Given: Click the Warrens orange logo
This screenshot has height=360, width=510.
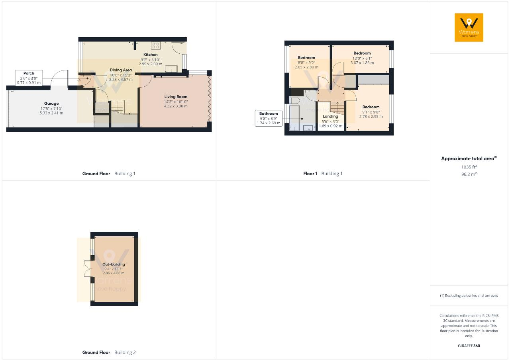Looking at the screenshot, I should click(x=469, y=27).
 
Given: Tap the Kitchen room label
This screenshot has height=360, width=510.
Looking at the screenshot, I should click(x=151, y=55).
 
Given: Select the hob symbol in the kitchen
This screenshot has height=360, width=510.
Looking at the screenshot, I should click(x=155, y=45).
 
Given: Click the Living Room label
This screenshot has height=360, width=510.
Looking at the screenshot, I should click(x=176, y=97).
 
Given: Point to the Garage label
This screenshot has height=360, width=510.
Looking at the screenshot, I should click(x=51, y=104).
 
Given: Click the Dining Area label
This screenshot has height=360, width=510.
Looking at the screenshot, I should click(x=121, y=70).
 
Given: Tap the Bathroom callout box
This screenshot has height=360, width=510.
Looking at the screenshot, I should click(x=269, y=118).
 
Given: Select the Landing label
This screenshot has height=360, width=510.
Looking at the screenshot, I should click(x=330, y=116).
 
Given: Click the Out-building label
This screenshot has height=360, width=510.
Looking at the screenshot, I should click(x=114, y=264).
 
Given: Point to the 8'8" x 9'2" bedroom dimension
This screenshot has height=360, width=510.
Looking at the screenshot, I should click(x=306, y=63).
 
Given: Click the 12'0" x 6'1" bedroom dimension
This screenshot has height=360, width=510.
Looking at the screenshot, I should click(x=362, y=58).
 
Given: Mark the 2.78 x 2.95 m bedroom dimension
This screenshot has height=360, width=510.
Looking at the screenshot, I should click(x=371, y=117).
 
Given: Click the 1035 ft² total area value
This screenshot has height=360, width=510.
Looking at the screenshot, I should click(x=469, y=167).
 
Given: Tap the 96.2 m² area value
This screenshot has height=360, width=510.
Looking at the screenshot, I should click(x=469, y=174).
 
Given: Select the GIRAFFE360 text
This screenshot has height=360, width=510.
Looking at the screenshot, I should click(x=469, y=346).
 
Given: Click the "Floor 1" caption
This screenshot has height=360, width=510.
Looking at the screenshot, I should click(x=310, y=174).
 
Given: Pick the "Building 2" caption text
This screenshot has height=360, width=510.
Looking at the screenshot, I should click(x=125, y=352).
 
